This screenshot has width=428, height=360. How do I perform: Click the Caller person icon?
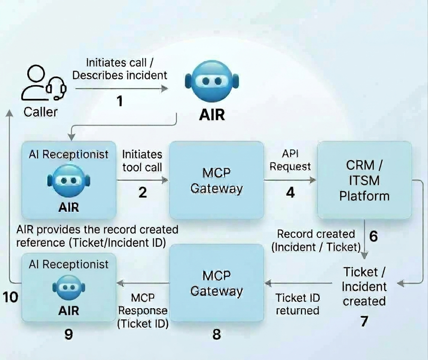(x=44, y=82)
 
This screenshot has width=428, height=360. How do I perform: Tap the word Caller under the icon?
(x=40, y=112)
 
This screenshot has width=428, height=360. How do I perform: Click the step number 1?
(x=119, y=101)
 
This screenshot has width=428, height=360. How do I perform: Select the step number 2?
(x=143, y=193)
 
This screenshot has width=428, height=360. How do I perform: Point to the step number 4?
(x=291, y=193)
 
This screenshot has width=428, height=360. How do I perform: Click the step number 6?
(x=373, y=236)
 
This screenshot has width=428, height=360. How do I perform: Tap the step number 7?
(x=364, y=321)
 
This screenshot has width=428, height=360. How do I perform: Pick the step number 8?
(x=216, y=334)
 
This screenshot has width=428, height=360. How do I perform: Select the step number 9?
(x=68, y=334)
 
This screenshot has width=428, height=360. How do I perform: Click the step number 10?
(x=10, y=297)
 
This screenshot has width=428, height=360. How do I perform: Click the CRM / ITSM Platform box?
(x=364, y=180)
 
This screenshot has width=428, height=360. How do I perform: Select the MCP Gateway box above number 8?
(x=216, y=283)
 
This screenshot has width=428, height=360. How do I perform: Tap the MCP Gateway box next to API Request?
(x=216, y=180)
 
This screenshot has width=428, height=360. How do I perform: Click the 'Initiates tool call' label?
(x=142, y=161)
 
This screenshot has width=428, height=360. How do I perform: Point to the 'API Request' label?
(x=290, y=160)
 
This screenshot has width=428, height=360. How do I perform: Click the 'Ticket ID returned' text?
(x=298, y=304)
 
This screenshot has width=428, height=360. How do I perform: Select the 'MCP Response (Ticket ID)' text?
(x=143, y=311)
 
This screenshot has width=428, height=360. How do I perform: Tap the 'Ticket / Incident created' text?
(x=364, y=287)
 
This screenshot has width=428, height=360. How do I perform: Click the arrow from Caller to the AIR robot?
(x=122, y=88)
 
